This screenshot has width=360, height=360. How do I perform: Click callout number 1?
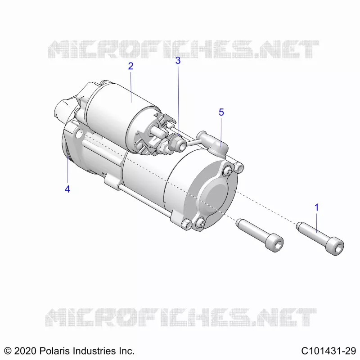click(x=317, y=207)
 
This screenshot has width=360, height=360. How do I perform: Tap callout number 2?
click(x=130, y=66)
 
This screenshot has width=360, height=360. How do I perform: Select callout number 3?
click(x=178, y=60)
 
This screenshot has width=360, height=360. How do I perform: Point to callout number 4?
click(x=67, y=189)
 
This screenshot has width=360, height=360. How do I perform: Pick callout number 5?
click(x=221, y=112)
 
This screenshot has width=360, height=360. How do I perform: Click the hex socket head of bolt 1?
click(x=336, y=247)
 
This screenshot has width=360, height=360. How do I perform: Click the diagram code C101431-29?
click(x=328, y=351)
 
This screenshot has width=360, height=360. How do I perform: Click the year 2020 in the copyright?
click(x=25, y=351)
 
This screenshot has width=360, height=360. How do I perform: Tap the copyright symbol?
click(x=8, y=351)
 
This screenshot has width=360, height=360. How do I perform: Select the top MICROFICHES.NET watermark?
click(x=184, y=49)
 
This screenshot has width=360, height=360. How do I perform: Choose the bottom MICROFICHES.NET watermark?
click(x=181, y=318)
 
